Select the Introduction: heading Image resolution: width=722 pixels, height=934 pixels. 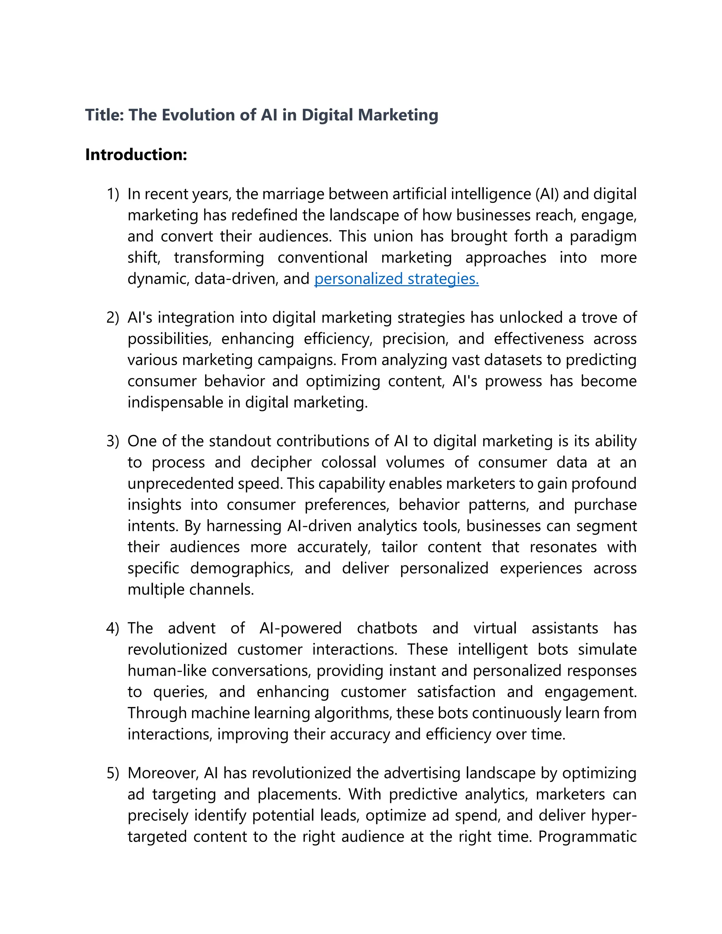136,154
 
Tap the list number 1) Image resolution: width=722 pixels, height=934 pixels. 113,194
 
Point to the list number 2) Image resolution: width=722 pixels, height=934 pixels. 113,318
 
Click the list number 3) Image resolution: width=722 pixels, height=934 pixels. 113,441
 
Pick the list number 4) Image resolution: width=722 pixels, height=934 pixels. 113,628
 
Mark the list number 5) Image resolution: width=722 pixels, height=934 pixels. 113,773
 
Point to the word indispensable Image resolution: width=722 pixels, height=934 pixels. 175,403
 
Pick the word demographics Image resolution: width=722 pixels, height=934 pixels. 241,569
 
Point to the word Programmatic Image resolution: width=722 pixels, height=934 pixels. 587,836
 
